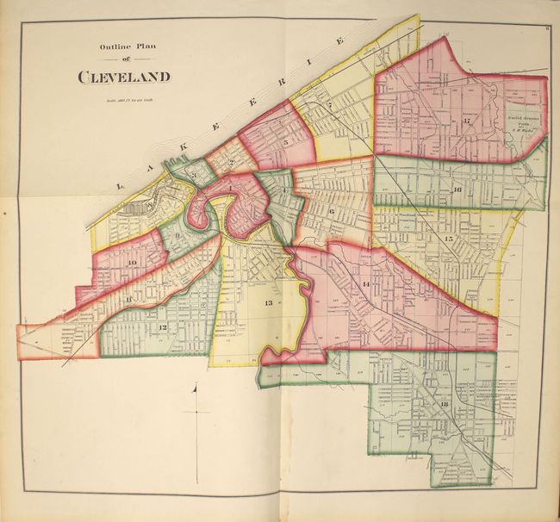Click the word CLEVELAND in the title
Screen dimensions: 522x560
124,77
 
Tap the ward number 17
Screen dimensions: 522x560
465,121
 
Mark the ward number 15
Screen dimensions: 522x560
448,238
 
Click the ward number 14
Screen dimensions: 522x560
366,284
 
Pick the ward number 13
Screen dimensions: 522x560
269,303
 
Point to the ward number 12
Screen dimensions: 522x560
161,327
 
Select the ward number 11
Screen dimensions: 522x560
129,299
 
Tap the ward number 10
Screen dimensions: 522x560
132,264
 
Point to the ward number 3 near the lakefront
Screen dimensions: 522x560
196,176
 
